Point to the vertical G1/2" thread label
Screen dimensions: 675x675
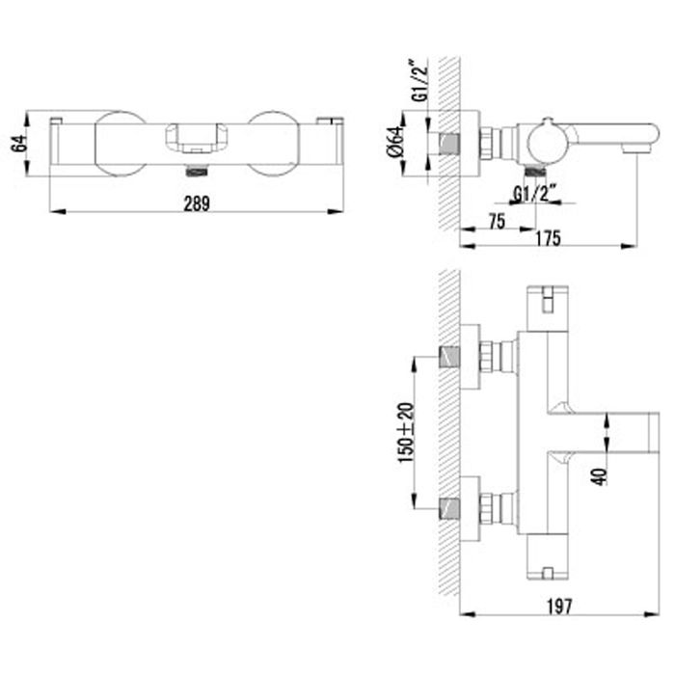(418, 82)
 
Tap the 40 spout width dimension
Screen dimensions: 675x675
(599, 473)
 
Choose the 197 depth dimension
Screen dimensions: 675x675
(558, 606)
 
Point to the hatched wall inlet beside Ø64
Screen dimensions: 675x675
(448, 144)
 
